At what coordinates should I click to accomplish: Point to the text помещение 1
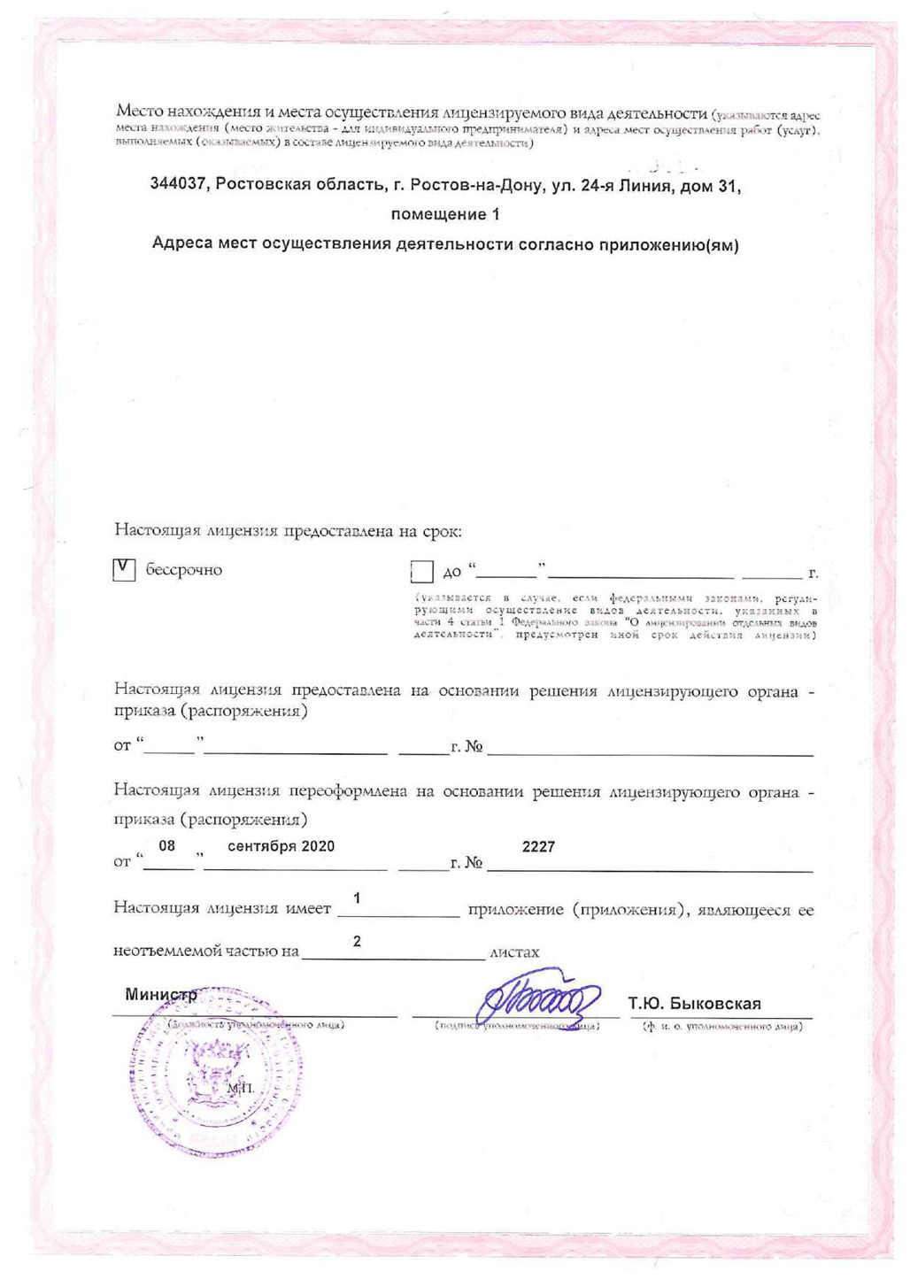[444, 214]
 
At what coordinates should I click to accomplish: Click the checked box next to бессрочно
[124, 569]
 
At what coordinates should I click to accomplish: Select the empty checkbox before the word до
[422, 572]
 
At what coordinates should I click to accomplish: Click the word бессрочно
[184, 569]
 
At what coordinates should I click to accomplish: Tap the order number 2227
[538, 846]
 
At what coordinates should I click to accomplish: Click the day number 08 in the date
[166, 846]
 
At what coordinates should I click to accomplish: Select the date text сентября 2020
[281, 846]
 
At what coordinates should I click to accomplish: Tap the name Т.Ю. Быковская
[694, 1004]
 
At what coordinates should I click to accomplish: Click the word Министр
[160, 994]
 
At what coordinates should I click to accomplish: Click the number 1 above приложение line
[356, 898]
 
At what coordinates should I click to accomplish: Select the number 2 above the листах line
[357, 941]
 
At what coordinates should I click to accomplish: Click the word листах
[514, 952]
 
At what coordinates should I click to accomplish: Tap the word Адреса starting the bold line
[182, 243]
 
